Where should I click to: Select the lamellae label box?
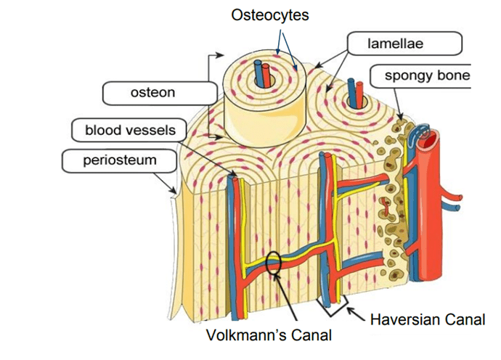pyautogui.click(x=404, y=44)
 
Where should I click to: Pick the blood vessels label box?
pyautogui.click(x=129, y=131)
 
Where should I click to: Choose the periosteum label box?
pyautogui.click(x=121, y=160)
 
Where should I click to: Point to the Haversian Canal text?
pyautogui.click(x=428, y=319)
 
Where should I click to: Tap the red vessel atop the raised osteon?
pyautogui.click(x=267, y=73)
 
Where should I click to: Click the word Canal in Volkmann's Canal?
pyautogui.click(x=312, y=335)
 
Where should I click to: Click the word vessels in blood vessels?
pyautogui.click(x=155, y=131)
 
